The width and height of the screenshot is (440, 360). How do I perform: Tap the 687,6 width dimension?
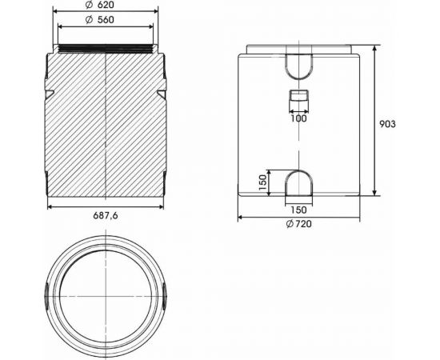[106, 215]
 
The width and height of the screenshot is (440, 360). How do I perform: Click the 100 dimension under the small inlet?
[299, 118]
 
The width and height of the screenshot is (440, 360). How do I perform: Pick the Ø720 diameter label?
[298, 224]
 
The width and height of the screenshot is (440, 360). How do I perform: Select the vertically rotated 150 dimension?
[262, 182]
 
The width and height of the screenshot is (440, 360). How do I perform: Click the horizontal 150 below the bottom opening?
[298, 210]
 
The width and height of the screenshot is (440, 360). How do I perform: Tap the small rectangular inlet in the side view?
[298, 99]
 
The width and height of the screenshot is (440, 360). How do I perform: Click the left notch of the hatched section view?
[50, 94]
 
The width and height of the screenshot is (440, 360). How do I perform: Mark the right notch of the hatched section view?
[162, 94]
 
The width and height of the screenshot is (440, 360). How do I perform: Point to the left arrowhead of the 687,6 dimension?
[50, 206]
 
